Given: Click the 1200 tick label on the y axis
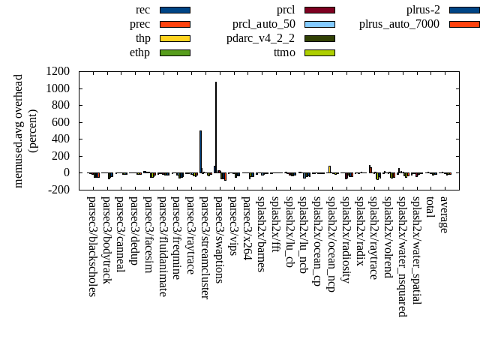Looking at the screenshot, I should pos(58,72).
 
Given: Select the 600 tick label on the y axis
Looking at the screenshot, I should pos(61,122).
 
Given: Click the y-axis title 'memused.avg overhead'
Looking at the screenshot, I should pos(19,130).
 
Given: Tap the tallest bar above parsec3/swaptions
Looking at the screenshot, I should pos(216,127).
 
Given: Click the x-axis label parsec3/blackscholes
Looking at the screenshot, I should pos(91,246).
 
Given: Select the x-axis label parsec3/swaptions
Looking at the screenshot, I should pos(219,238).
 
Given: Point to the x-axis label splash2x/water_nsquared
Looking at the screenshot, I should pos(403,256).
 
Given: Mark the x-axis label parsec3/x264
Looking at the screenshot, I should pos(247,226).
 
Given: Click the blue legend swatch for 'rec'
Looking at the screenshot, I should pos(175,10).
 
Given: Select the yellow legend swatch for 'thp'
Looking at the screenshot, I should pos(175,38).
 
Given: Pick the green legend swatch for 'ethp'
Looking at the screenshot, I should pos(175,52).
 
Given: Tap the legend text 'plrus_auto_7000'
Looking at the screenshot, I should pos(399,24).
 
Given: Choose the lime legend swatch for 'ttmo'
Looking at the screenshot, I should pos(319,52).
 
